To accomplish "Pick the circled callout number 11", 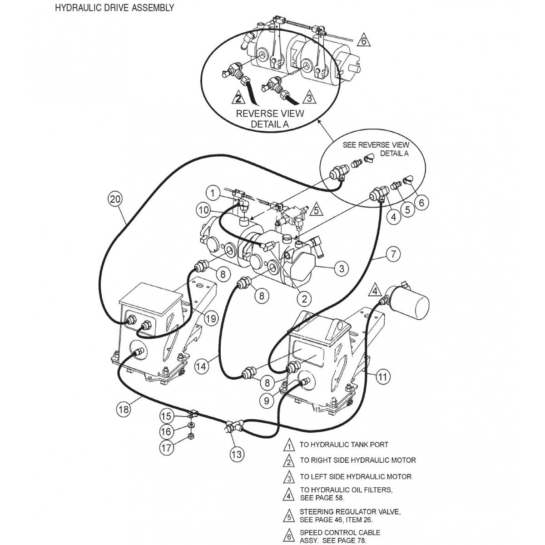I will (383, 376).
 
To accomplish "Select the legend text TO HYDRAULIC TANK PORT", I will (344, 445).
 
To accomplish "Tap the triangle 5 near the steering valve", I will (317, 210).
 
